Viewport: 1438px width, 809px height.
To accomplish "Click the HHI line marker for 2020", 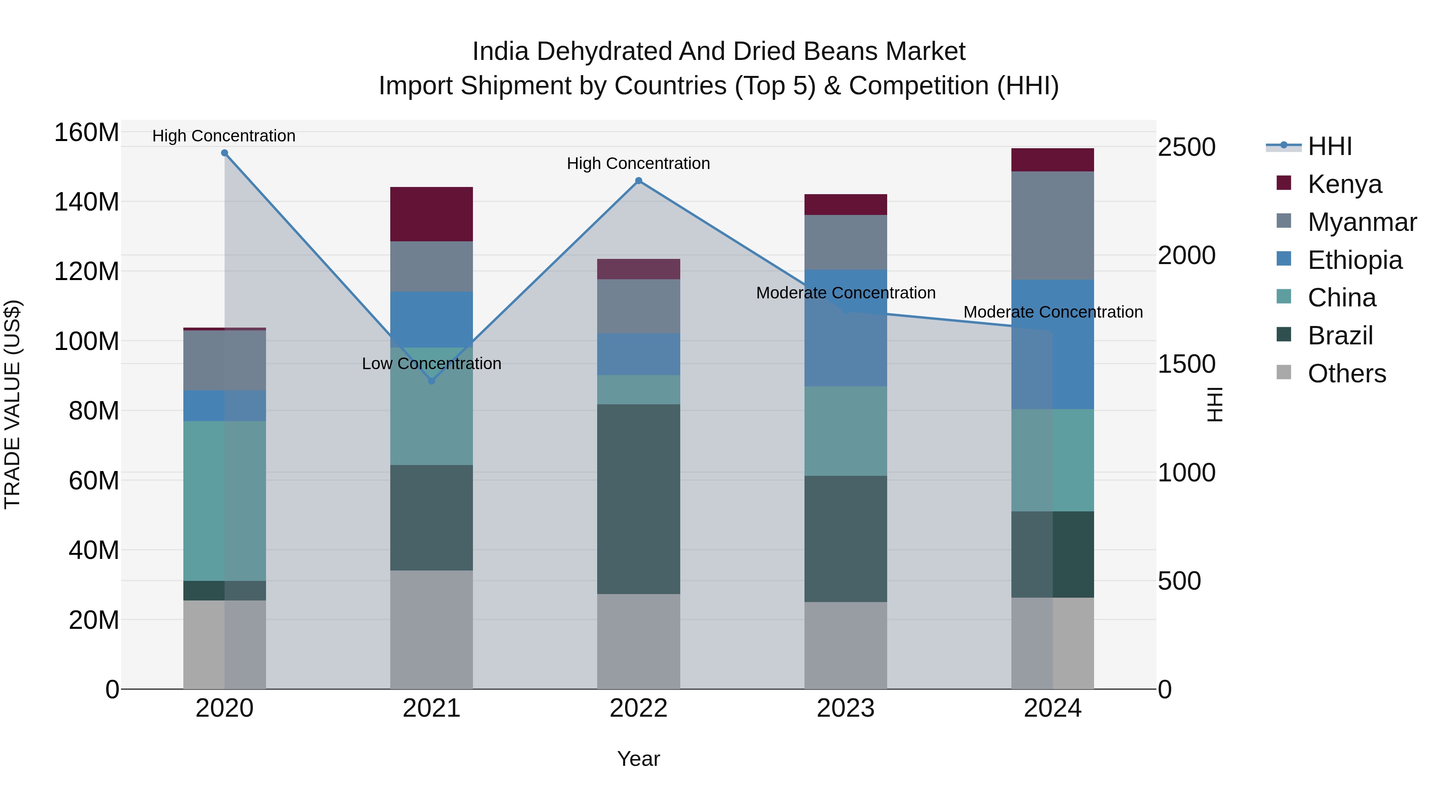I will [x=224, y=153].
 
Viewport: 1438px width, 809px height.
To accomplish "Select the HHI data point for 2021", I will [x=431, y=381].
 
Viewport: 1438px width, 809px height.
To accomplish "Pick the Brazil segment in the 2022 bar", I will [x=639, y=499].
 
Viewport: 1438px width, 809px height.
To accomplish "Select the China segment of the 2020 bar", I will [x=224, y=501].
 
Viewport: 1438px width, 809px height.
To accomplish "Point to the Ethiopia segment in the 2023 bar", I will [x=845, y=328].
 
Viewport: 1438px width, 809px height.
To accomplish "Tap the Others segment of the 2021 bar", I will [x=431, y=629].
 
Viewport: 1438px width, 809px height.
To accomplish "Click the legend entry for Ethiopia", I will [x=1354, y=260].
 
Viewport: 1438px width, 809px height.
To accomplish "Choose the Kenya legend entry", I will [x=1344, y=184].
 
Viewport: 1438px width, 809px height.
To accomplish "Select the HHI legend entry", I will [x=1329, y=146].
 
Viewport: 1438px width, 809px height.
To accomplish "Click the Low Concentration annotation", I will [x=431, y=364].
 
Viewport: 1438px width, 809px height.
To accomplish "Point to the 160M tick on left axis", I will [x=87, y=133].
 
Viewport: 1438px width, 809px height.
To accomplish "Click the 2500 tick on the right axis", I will [x=1186, y=147].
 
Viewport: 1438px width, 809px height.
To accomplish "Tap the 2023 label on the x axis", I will [x=845, y=708].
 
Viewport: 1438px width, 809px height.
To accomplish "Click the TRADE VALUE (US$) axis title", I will [x=12, y=404].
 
